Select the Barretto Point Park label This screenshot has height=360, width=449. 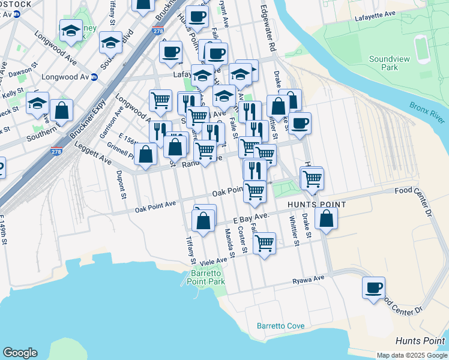tap(207, 277)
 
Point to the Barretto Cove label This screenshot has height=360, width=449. tap(280, 326)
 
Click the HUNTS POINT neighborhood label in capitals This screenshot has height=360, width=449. tap(316, 205)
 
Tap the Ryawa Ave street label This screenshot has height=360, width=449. tap(308, 279)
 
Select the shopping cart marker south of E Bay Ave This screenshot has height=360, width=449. tap(264, 243)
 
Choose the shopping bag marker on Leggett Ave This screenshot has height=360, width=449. tap(146, 154)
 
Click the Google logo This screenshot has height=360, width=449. tap(20, 353)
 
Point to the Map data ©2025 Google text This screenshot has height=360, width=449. tap(411, 355)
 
